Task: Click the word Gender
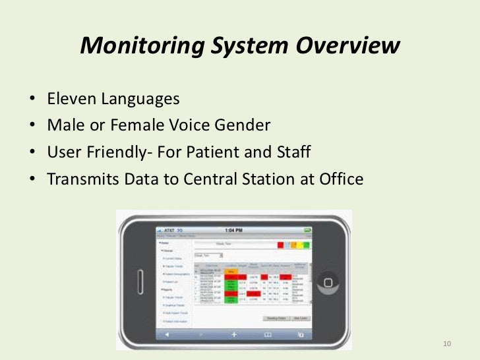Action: tap(247, 127)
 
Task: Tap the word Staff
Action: tap(291, 153)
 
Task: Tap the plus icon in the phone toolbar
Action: tap(234, 334)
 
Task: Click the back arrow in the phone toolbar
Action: tap(166, 334)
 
